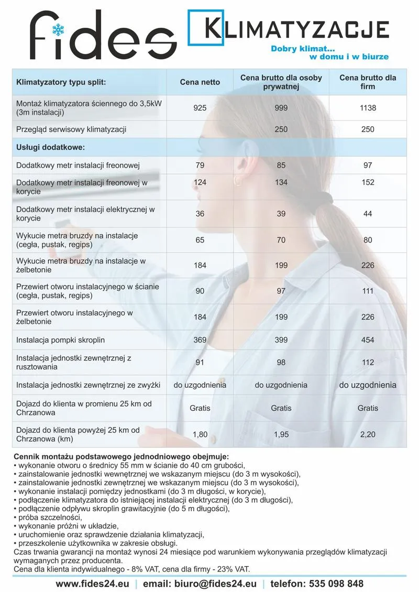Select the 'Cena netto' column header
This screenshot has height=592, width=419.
(x=200, y=82)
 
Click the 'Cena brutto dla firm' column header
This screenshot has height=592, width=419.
(x=368, y=82)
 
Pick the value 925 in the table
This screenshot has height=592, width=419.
(x=200, y=108)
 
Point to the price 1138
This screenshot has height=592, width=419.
(x=368, y=108)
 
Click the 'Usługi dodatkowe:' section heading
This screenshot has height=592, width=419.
(x=51, y=148)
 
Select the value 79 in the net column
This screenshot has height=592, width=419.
(x=200, y=166)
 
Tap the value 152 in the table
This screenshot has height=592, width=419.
(x=368, y=182)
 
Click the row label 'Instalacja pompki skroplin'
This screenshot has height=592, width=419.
(x=61, y=340)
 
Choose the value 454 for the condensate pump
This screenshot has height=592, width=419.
(x=368, y=340)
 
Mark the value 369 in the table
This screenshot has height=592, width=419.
(x=200, y=340)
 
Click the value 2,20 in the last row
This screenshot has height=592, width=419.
(x=368, y=434)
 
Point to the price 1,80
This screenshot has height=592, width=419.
(x=200, y=434)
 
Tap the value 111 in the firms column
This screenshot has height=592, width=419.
(x=368, y=291)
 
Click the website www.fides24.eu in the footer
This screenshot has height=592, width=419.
(x=92, y=584)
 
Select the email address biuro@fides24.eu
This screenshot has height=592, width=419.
(x=200, y=584)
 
